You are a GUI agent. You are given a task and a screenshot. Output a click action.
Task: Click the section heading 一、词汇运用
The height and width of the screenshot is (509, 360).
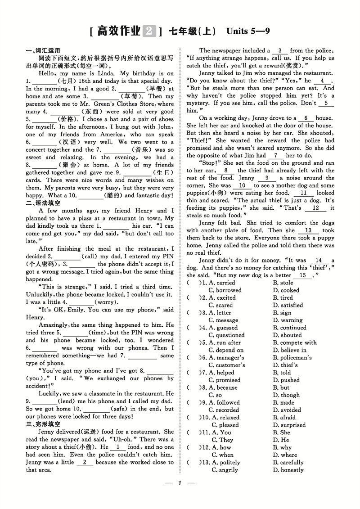[x=43, y=50]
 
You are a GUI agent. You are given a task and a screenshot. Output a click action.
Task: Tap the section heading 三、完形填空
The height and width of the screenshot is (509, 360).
[x=43, y=424]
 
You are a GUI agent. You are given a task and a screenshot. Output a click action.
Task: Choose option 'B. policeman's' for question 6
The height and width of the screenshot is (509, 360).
[x=292, y=358]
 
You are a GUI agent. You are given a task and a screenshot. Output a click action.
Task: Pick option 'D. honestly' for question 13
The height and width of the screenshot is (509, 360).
[x=288, y=470]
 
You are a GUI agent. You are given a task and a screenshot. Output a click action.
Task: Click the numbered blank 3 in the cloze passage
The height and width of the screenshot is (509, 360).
[x=280, y=51]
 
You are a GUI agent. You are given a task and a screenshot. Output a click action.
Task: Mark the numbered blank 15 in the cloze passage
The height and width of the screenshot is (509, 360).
[x=303, y=275]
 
